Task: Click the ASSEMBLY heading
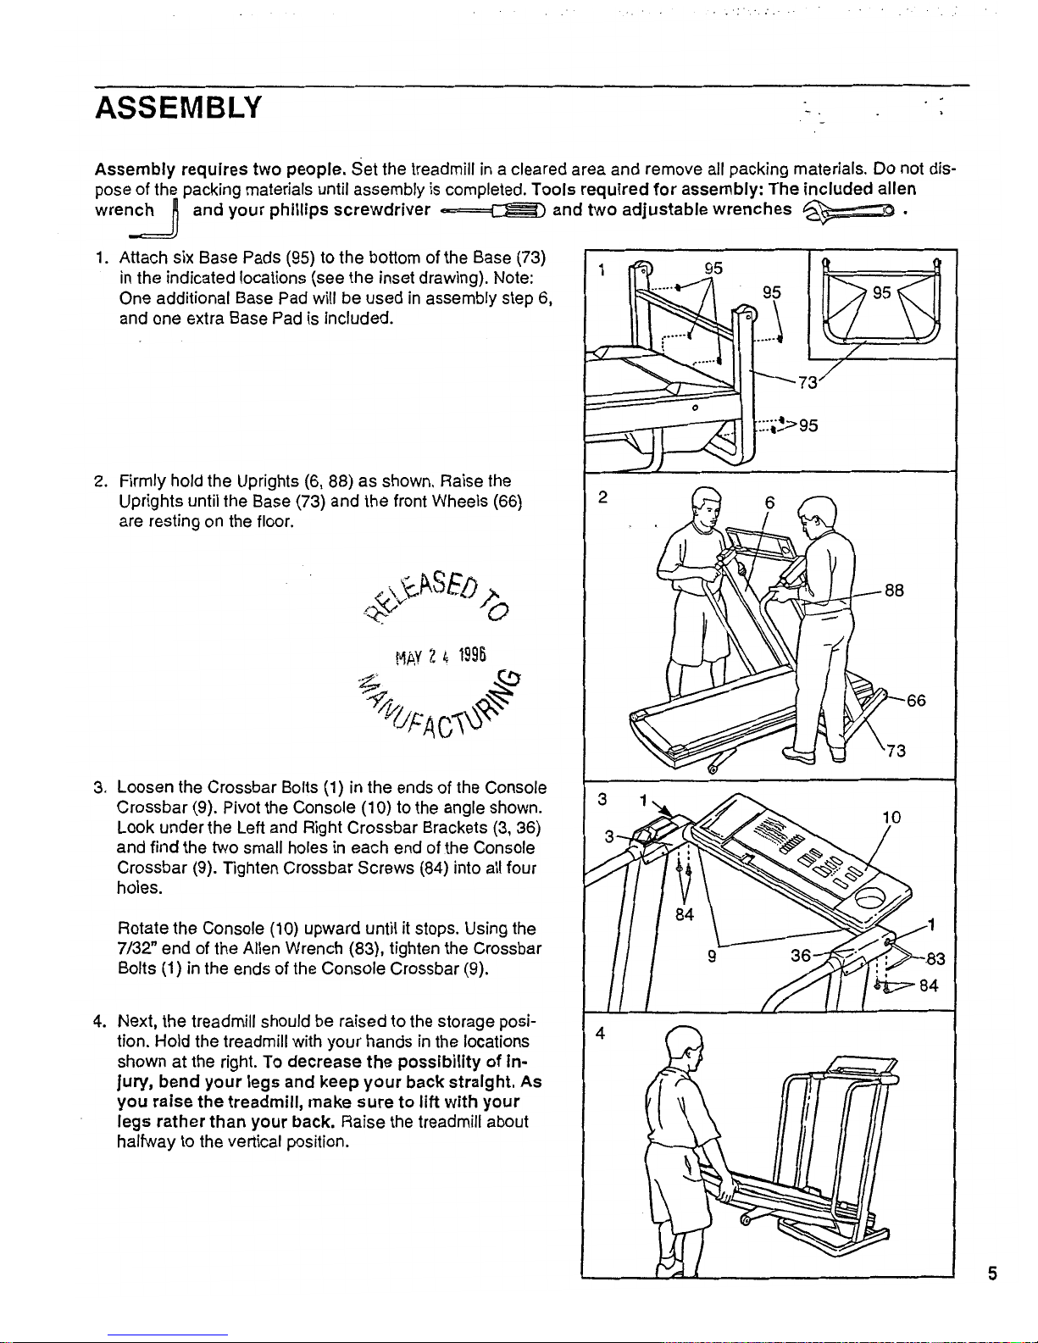179,109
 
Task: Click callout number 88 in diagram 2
895,591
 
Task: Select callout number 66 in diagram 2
916,701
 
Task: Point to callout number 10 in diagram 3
891,818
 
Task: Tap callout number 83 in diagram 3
935,959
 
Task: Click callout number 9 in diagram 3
714,956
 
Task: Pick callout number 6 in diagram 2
769,502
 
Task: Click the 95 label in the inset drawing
883,292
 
